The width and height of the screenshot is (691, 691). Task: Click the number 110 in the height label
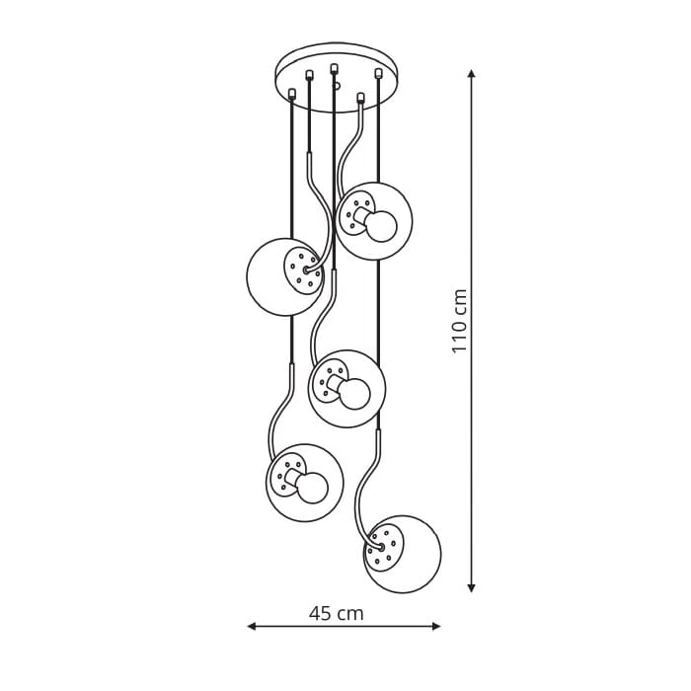[459, 335]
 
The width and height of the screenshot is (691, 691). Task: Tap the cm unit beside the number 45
[350, 614]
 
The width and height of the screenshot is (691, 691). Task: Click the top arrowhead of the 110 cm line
[472, 74]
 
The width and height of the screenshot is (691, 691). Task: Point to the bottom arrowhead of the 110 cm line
[472, 587]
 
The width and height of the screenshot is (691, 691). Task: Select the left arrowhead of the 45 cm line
[251, 626]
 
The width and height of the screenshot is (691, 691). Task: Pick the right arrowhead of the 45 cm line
[436, 626]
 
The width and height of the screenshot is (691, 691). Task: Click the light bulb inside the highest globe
[382, 226]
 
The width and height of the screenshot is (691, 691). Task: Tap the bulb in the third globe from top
[355, 394]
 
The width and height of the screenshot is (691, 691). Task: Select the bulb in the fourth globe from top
[313, 488]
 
